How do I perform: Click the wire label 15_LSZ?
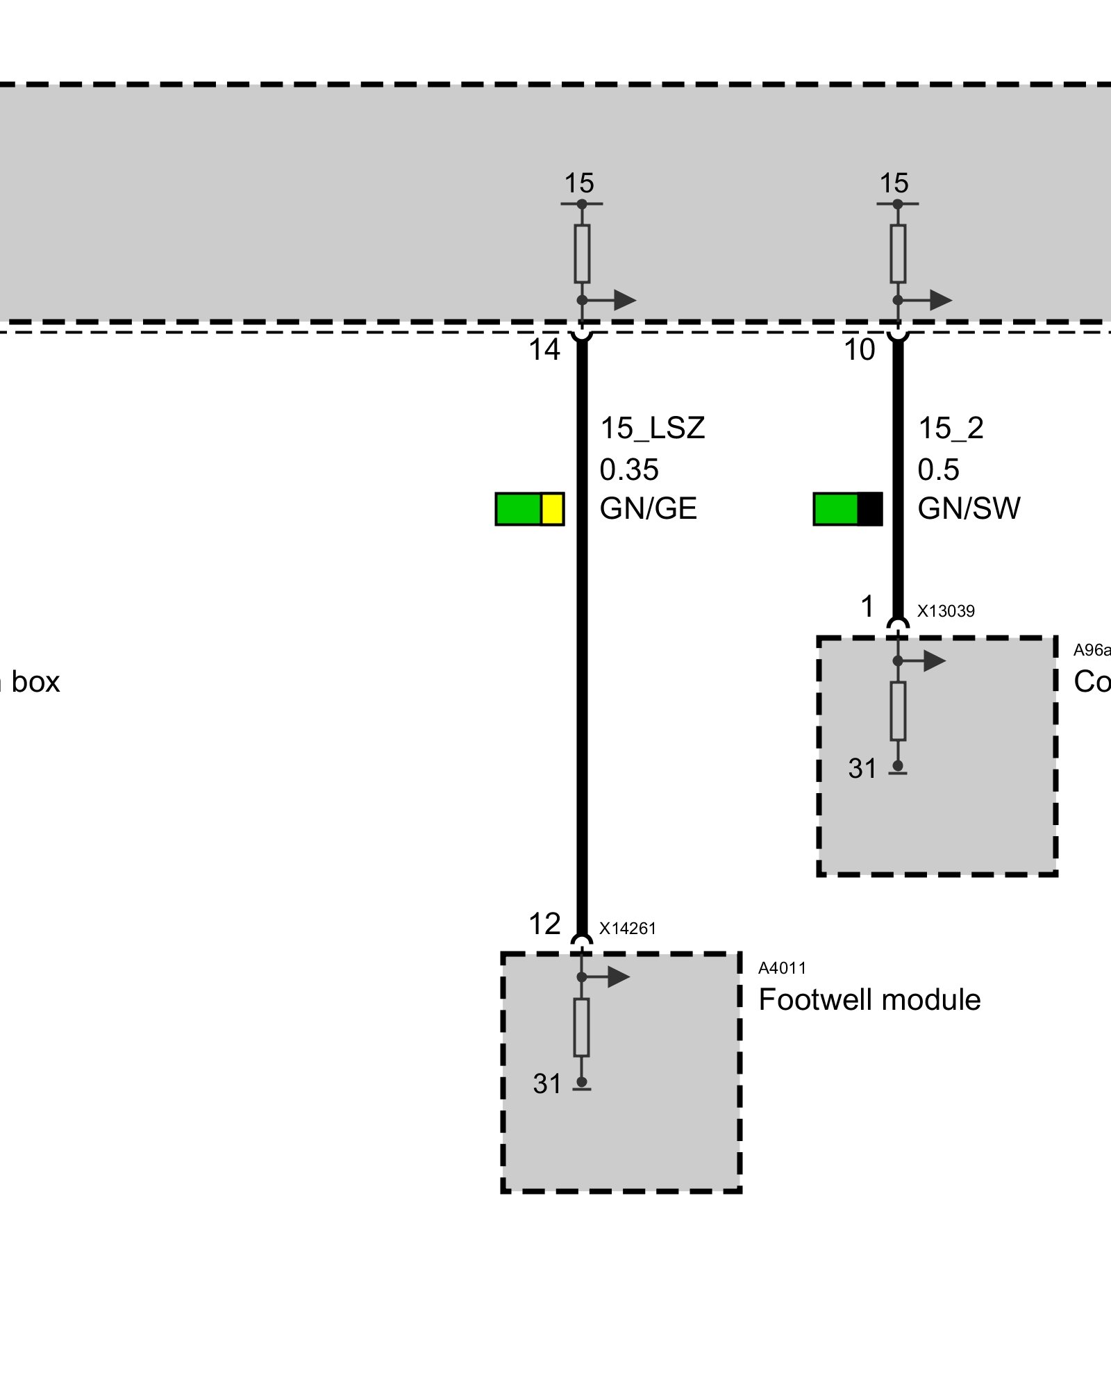(652, 429)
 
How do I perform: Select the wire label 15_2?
(951, 429)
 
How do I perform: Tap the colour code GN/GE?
(648, 509)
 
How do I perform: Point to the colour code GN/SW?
(969, 509)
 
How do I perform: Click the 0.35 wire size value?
(628, 470)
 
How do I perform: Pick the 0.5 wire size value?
(938, 470)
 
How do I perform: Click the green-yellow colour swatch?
(529, 509)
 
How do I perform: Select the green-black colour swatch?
(848, 509)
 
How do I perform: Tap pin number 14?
(544, 350)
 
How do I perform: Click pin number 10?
(860, 350)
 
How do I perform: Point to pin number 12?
(544, 924)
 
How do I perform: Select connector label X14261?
(628, 929)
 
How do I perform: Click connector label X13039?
(946, 611)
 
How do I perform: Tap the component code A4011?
(782, 968)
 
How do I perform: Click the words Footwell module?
(869, 1000)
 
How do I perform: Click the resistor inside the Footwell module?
(582, 1027)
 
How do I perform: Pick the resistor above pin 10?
(898, 253)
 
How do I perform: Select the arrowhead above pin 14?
(625, 300)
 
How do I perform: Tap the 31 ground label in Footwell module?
(547, 1083)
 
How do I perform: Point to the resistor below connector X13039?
(898, 710)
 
